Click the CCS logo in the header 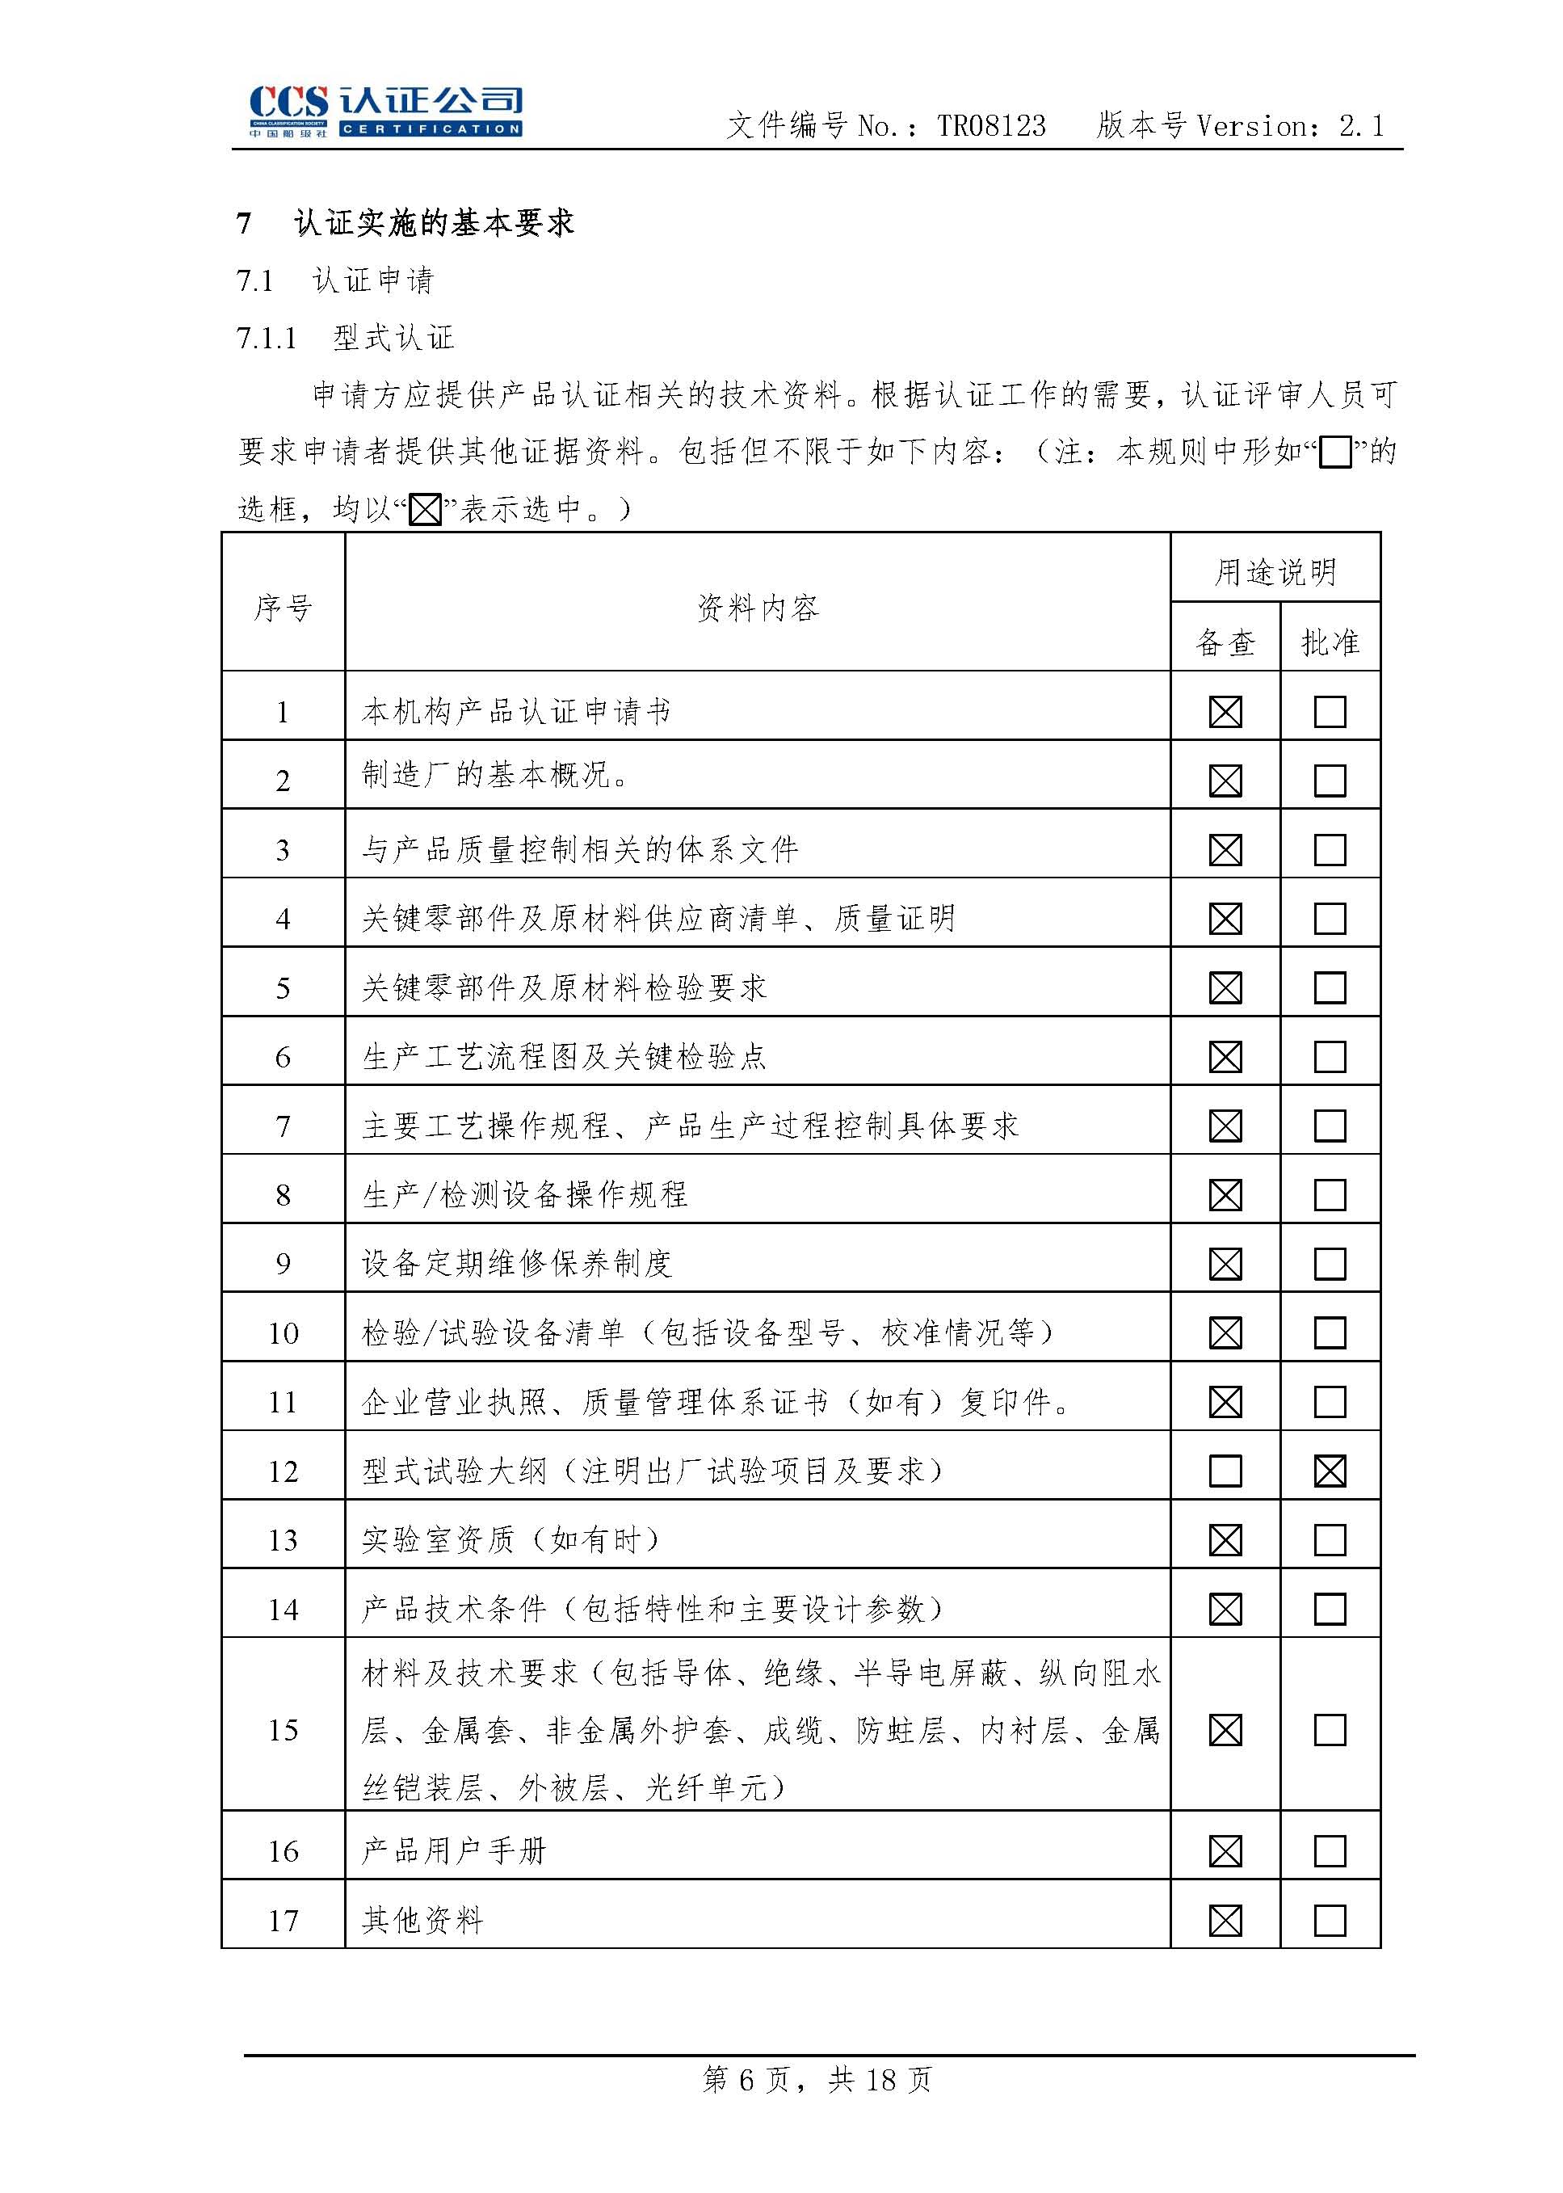385,112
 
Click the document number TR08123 990,126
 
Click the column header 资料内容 758,608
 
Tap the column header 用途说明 1275,572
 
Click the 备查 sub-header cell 1225,642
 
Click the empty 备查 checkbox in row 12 1225,1471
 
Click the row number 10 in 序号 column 283,1333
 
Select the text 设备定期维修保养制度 516,1264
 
